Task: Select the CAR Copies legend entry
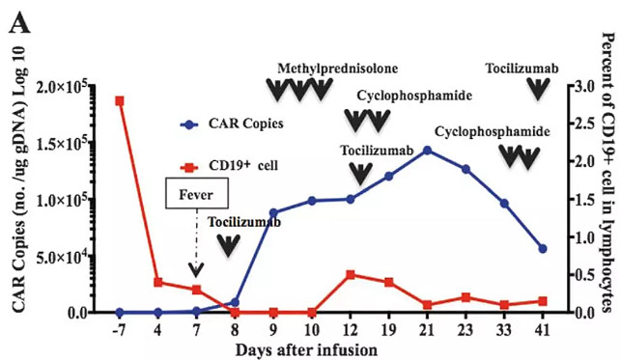(241, 124)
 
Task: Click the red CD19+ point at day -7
(120, 100)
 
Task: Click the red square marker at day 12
(351, 274)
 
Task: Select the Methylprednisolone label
(337, 69)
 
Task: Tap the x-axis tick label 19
(388, 330)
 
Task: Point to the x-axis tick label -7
(119, 330)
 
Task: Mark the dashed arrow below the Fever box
(196, 245)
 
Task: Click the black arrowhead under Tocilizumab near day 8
(227, 245)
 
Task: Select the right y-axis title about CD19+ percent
(607, 174)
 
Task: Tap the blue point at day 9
(273, 212)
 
